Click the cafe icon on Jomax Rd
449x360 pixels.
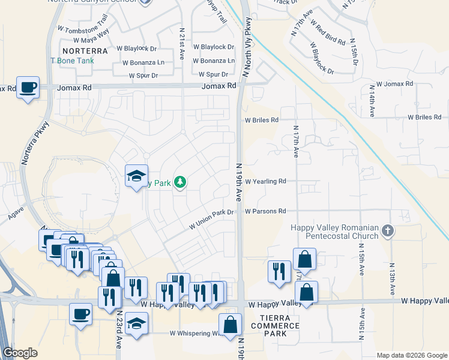coord(28,88)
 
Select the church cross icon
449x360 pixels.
coord(388,230)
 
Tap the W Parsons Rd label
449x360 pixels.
coord(265,211)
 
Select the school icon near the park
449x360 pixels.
coord(136,176)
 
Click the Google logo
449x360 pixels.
coord(20,353)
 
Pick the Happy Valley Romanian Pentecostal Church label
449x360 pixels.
coord(334,232)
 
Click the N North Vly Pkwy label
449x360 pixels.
coord(246,48)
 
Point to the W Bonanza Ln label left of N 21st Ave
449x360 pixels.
coord(143,62)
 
